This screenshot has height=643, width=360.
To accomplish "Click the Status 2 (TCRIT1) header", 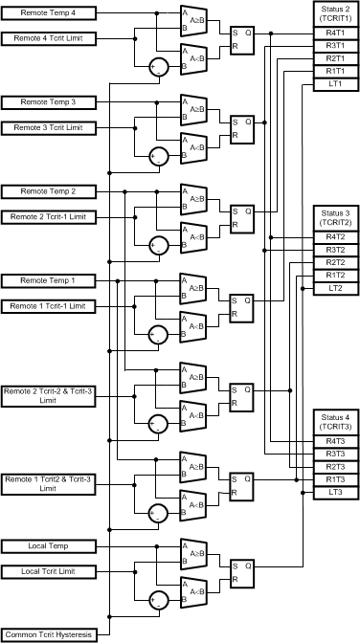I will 335,13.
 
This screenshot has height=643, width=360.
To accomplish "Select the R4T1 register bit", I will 335,33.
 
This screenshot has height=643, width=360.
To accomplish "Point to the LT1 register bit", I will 335,84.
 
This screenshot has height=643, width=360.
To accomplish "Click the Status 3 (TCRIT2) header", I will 335,216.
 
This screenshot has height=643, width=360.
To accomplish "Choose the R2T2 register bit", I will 335,262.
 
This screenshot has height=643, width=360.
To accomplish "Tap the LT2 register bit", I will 335,288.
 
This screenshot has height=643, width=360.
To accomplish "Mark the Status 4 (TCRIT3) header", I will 335,421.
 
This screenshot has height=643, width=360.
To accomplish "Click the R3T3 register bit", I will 335,454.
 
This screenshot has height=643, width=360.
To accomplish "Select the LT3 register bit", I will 335,492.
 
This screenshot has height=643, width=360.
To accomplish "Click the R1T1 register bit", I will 335,72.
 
